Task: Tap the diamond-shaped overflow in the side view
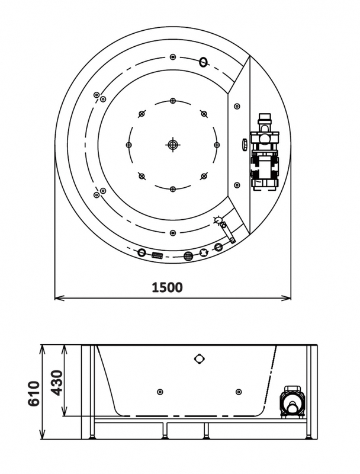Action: (x=198, y=358)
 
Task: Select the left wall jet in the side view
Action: (x=159, y=391)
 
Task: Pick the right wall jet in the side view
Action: (x=238, y=391)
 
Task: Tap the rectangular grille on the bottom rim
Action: (x=157, y=255)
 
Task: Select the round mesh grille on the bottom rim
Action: (x=188, y=256)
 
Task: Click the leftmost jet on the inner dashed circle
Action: (x=128, y=144)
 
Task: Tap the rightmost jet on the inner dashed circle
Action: (x=217, y=144)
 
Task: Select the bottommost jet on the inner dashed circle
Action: (x=172, y=189)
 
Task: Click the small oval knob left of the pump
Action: (x=244, y=143)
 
